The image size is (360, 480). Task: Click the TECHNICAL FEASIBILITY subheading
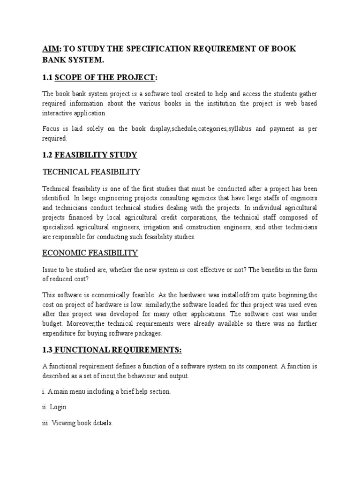91,172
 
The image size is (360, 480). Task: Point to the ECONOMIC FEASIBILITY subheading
90,253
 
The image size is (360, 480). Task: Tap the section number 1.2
47,155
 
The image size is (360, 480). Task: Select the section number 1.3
47,350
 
